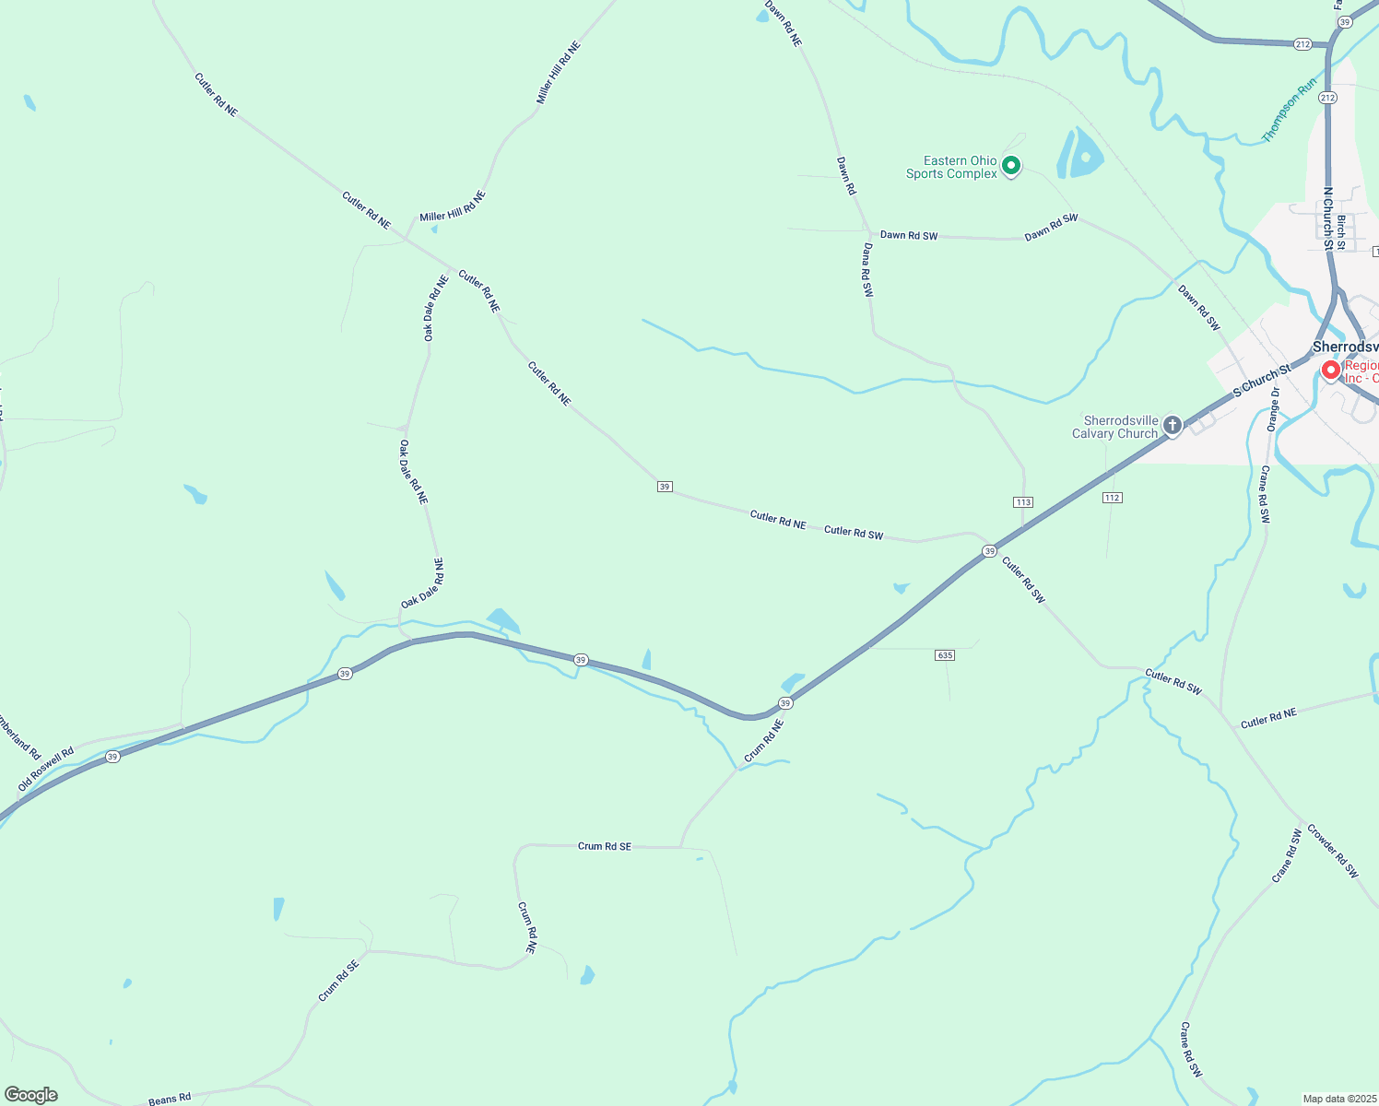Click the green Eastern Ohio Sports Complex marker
1011,166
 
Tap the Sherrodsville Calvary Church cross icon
1172,425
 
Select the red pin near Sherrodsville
1330,371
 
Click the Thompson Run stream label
1289,111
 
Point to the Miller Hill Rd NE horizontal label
452,207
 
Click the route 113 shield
1022,501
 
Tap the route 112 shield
1112,498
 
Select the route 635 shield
944,655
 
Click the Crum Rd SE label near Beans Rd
337,979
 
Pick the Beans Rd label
170,1099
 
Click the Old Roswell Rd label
46,770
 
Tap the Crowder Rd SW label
1333,850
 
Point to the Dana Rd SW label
867,270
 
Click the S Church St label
1262,382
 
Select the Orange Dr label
1273,409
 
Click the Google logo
31,1095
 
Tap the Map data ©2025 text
1339,1099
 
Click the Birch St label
1341,232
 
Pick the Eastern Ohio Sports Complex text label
952,167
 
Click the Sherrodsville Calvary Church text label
1114,427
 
